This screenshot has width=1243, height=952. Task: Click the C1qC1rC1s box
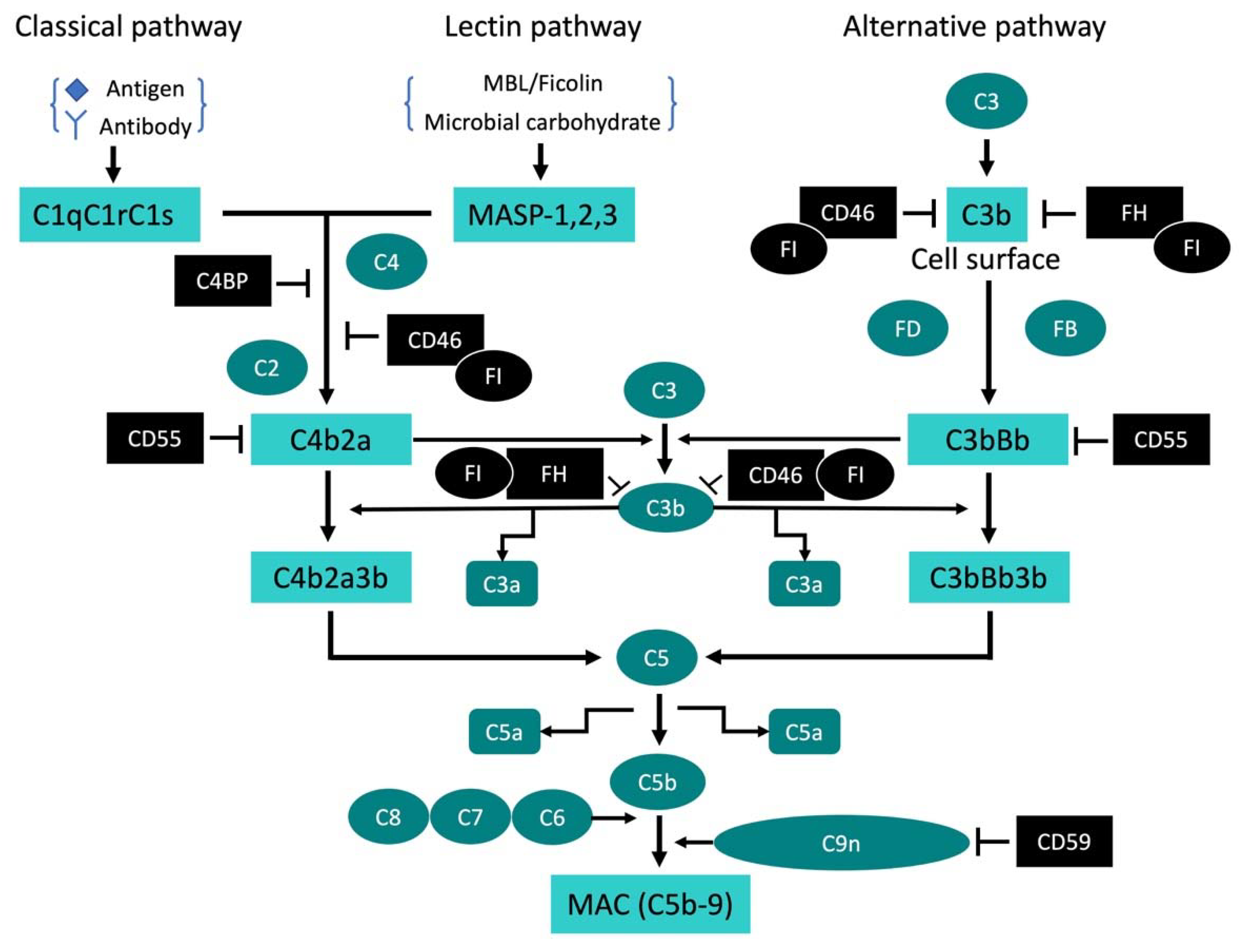tap(109, 214)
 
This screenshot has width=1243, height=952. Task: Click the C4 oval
tap(386, 262)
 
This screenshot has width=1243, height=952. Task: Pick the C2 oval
tap(267, 368)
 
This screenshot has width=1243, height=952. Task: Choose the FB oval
tap(1064, 328)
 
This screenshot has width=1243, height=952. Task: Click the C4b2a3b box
tap(331, 577)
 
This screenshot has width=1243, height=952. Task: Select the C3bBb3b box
tap(988, 577)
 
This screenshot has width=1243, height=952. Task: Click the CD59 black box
tap(1063, 841)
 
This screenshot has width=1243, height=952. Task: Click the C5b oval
tap(657, 782)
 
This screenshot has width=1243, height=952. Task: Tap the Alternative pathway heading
tap(973, 27)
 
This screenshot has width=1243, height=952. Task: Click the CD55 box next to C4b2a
tap(155, 438)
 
